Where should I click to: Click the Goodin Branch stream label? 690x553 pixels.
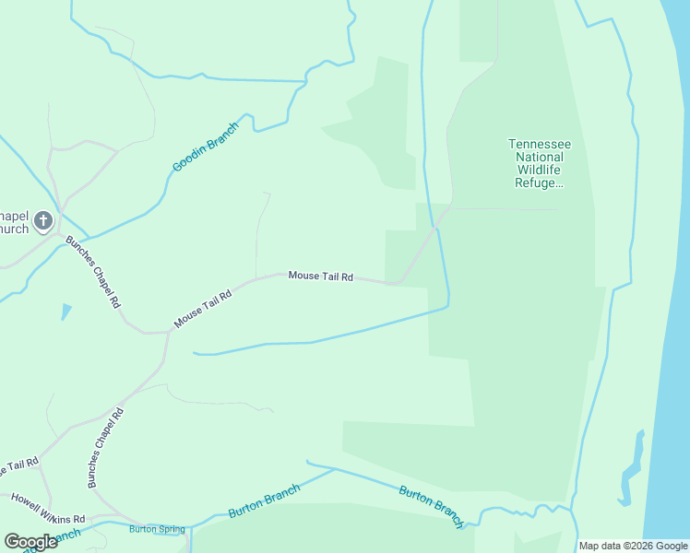pos(205,147)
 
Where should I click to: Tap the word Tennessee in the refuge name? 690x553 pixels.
pos(540,145)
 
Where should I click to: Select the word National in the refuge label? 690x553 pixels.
pos(540,158)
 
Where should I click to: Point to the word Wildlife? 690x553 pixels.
pos(540,171)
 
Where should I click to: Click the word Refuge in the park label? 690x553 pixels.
pos(537,183)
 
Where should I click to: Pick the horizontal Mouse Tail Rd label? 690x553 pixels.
pos(321,276)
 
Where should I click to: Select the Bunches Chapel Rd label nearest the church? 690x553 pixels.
pos(93,272)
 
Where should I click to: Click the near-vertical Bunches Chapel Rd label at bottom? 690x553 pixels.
pos(104,448)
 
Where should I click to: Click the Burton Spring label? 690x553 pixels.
pos(157,529)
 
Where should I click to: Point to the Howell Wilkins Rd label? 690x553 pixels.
pos(48,509)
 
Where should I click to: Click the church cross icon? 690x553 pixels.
pos(43,221)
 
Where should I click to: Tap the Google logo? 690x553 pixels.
pos(30,542)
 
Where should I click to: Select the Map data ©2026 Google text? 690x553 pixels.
pos(632,546)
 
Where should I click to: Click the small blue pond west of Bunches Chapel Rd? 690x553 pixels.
pos(65,311)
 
